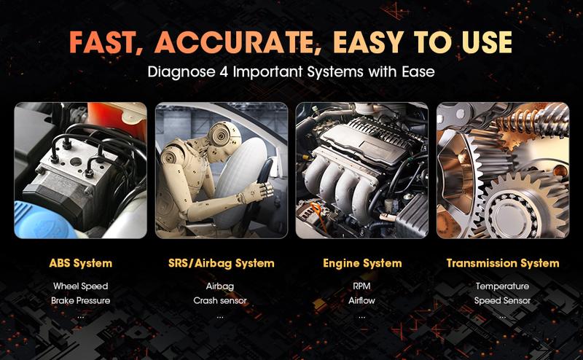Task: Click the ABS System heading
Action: coord(80,263)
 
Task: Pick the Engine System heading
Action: coord(361,263)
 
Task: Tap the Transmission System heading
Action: coord(502,263)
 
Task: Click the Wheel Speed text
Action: coord(80,286)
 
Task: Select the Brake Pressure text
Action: coord(80,300)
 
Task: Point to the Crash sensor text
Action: coord(220,300)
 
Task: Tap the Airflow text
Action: coord(361,300)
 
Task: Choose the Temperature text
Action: coord(502,286)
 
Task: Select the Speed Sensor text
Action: coord(502,300)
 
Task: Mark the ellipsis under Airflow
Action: coord(361,316)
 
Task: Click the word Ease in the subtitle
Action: coord(420,73)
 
